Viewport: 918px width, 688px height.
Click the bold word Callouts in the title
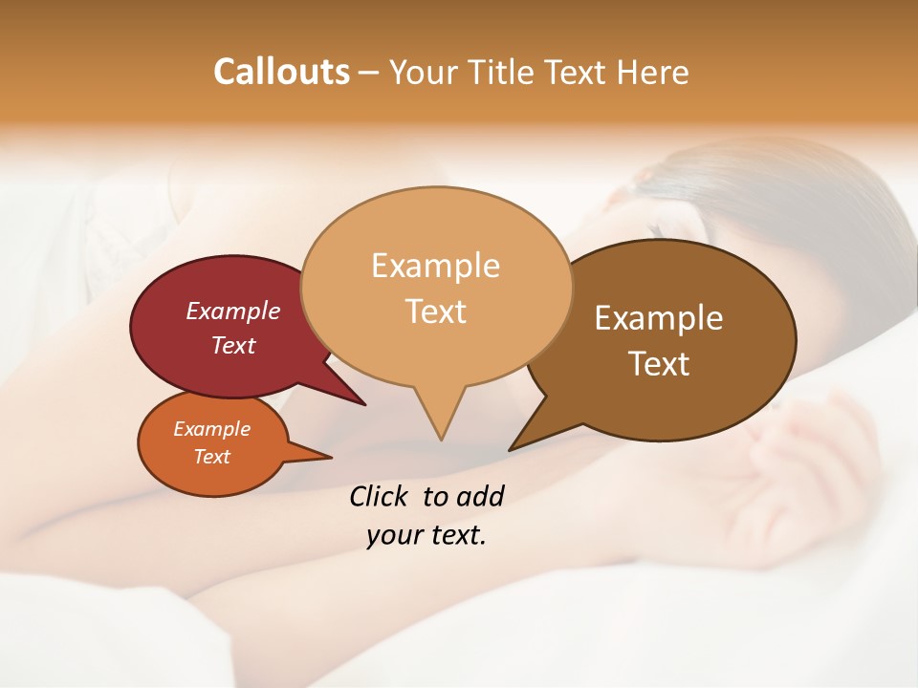(281, 72)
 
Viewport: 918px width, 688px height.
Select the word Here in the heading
(653, 72)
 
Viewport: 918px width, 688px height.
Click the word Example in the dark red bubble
(233, 311)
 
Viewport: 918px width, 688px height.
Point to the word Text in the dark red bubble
(233, 345)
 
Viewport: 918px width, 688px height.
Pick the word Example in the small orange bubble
(212, 429)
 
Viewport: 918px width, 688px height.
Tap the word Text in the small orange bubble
(212, 457)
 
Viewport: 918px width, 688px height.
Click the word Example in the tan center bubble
(436, 266)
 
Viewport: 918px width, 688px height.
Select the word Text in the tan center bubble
(436, 312)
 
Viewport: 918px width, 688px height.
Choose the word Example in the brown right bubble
(659, 318)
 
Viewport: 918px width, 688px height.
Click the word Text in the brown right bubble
(659, 364)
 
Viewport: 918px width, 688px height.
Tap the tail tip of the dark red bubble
(363, 403)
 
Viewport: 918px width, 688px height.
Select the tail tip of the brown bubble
(512, 448)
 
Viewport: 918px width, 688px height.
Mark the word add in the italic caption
(479, 496)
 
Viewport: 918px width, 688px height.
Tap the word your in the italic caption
(393, 535)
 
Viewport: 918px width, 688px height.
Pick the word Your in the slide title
(421, 72)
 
